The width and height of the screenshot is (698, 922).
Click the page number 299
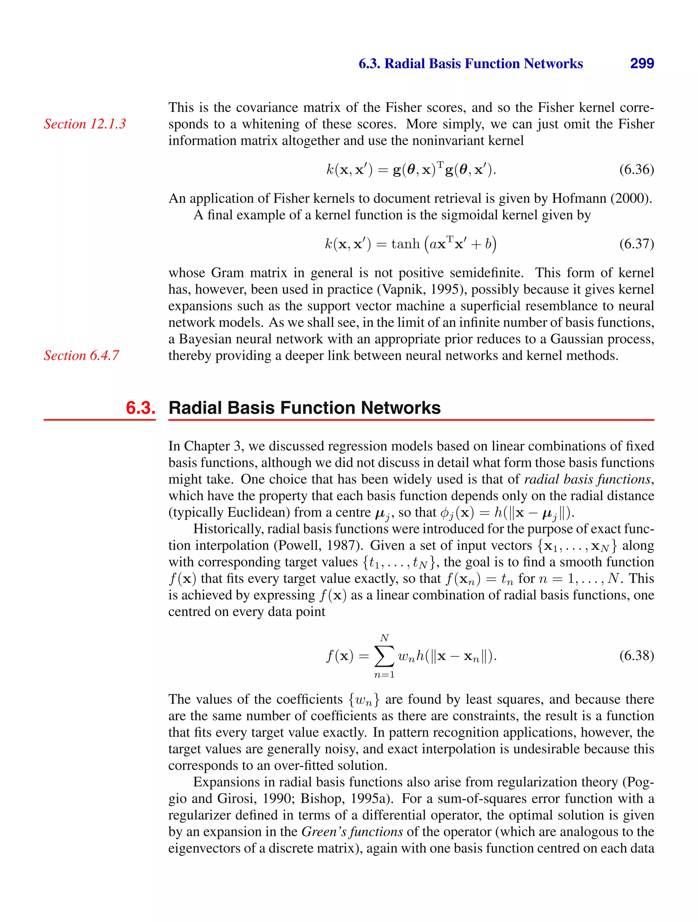click(x=642, y=63)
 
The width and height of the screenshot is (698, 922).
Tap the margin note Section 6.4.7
click(x=81, y=355)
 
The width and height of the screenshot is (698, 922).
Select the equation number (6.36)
click(x=636, y=170)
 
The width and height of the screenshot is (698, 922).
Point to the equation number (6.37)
click(x=636, y=244)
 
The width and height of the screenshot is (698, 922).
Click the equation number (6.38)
click(x=636, y=656)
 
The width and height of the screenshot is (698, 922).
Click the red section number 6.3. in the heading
click(x=140, y=408)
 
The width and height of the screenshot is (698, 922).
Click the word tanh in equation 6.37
click(x=405, y=244)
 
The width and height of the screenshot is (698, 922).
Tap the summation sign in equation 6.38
click(x=384, y=657)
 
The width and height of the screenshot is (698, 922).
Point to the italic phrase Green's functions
click(x=352, y=832)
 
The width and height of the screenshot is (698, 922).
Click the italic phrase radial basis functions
click(x=587, y=479)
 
